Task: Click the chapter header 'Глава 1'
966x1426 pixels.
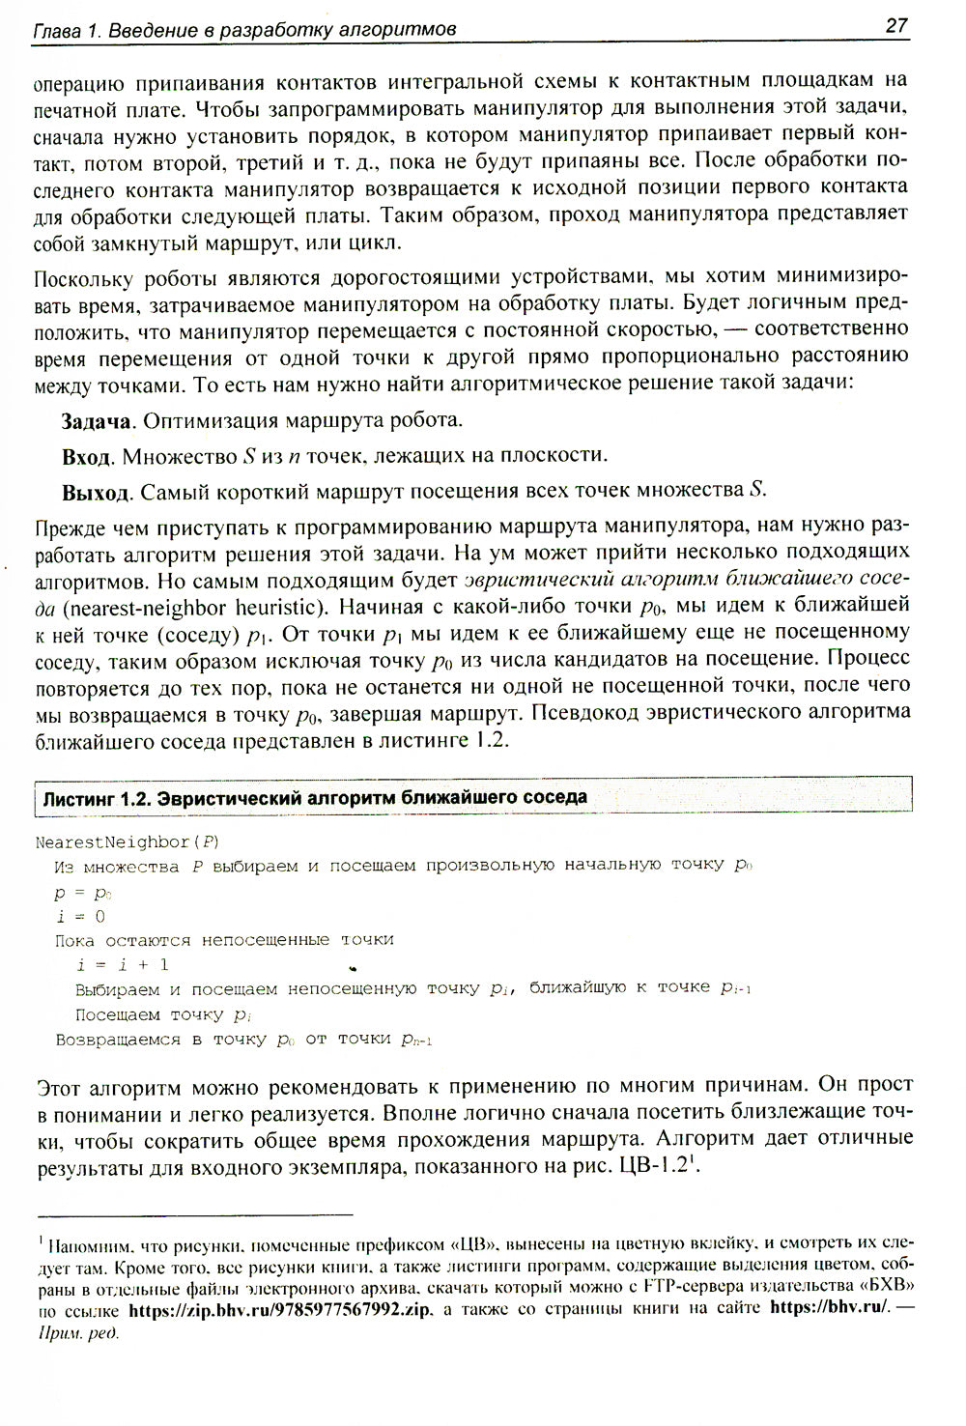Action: [67, 31]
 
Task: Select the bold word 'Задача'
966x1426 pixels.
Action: [96, 421]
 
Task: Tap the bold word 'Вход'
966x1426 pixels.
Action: [87, 456]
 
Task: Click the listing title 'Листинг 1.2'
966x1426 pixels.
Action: [95, 799]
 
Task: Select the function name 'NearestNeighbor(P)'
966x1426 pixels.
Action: [128, 841]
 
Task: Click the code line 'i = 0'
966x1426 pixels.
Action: [80, 916]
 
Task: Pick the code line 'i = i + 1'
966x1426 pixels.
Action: [123, 964]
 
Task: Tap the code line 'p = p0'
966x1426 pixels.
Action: [84, 892]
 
